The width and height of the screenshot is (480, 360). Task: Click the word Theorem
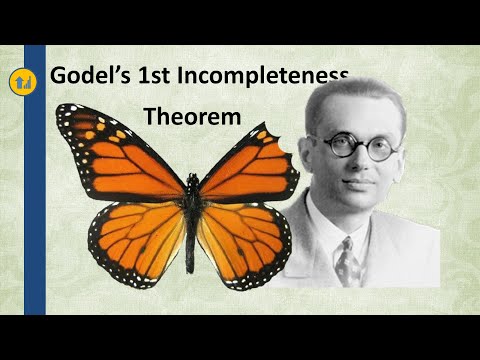(x=193, y=117)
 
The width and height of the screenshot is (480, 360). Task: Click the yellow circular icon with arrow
(x=20, y=79)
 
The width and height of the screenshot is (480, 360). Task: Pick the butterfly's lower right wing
(x=240, y=240)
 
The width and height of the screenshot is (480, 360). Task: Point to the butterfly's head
(x=191, y=180)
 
